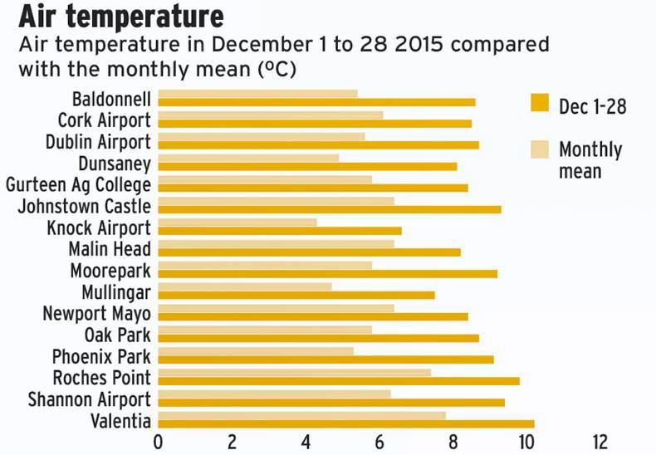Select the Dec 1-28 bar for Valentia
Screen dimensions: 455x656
click(x=345, y=423)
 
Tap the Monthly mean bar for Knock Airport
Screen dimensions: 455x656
click(x=237, y=222)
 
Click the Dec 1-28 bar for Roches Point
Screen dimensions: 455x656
click(x=338, y=381)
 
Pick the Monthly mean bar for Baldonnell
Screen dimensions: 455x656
click(x=257, y=93)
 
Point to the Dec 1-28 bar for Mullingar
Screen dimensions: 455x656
click(x=296, y=295)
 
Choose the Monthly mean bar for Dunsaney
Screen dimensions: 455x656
click(x=248, y=157)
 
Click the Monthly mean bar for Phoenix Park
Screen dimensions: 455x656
click(x=255, y=350)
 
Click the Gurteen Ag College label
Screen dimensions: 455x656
click(x=79, y=184)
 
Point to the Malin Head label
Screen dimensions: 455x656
click(x=110, y=249)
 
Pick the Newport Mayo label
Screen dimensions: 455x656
click(x=97, y=314)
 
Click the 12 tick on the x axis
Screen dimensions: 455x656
click(x=600, y=441)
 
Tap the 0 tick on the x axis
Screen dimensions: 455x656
click(x=158, y=441)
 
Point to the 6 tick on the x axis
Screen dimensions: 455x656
click(x=379, y=441)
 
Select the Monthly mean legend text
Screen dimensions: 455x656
click(x=590, y=160)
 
